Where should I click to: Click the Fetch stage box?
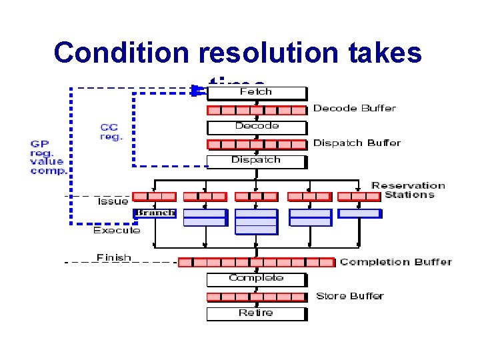[x=256, y=92]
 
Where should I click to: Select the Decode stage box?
[x=256, y=127]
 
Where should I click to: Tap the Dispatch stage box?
[x=256, y=161]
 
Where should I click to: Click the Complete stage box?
[x=256, y=279]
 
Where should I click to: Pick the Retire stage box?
[x=256, y=313]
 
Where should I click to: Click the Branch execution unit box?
[x=155, y=213]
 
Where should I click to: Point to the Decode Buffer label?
[x=354, y=108]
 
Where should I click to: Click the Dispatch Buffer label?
[x=357, y=143]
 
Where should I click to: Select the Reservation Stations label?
[x=408, y=190]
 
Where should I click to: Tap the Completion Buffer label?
[x=395, y=261]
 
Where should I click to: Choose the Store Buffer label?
[x=349, y=296]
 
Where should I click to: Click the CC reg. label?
[x=111, y=131]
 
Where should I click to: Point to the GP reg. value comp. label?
[x=48, y=157]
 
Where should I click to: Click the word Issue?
[x=113, y=201]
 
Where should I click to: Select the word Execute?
[x=117, y=230]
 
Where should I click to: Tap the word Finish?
[x=114, y=257]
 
